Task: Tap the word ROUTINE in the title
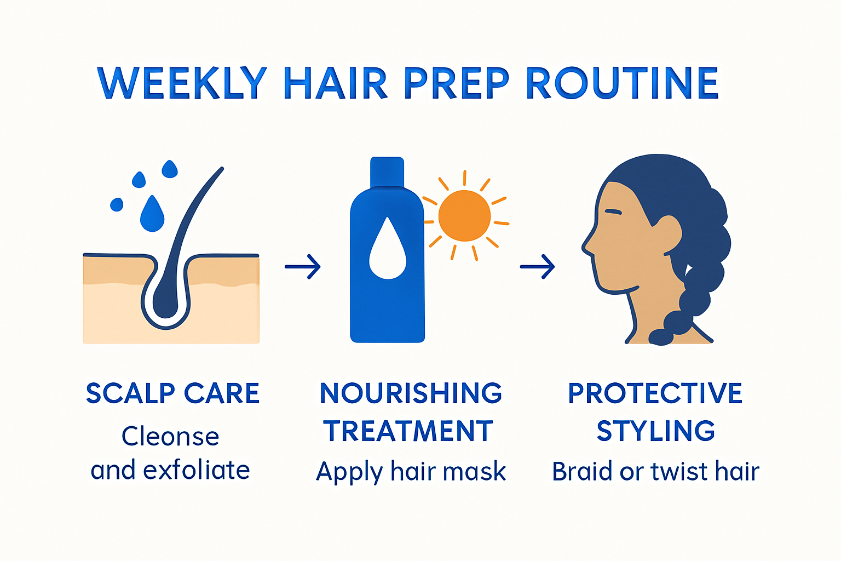pos(622,83)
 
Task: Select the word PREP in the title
pos(456,83)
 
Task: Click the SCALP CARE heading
pos(172,393)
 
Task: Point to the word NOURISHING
pos(411,393)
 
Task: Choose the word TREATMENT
pos(408,431)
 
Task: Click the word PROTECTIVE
pos(655,393)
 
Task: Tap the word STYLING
pos(655,431)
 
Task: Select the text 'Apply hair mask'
pos(411,472)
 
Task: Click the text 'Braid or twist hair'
pos(655,472)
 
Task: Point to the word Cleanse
pos(170,437)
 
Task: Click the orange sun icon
pos(465,216)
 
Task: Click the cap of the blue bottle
pos(387,171)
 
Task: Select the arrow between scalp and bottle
pos(303,267)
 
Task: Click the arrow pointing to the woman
pos(537,267)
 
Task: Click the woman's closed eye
pos(613,212)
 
